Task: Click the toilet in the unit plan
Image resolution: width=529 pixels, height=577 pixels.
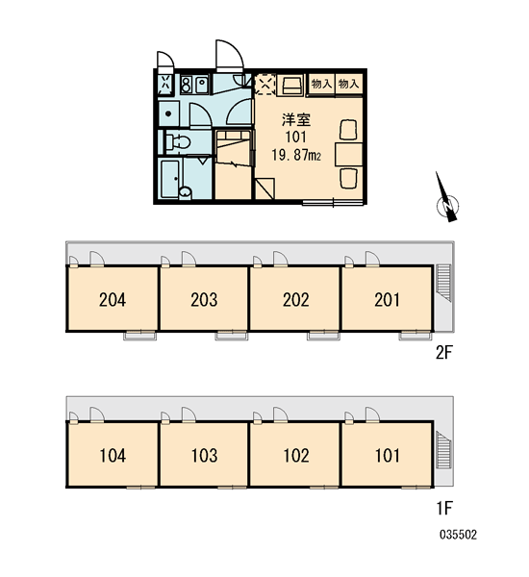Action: coord(178,142)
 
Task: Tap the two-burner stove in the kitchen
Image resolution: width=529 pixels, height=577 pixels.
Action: coord(187,85)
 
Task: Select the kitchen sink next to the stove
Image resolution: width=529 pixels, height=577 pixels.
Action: coord(202,85)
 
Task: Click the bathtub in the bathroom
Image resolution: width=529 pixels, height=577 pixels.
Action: coord(170,179)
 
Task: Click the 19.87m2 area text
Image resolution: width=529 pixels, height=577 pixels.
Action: coord(296,155)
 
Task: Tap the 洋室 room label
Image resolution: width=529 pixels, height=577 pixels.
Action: coord(296,120)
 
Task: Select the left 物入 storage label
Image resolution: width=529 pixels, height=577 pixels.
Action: coord(322,84)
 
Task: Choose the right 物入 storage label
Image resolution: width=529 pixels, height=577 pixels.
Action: coord(348,84)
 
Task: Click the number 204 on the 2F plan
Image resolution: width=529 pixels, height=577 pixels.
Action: coord(113,299)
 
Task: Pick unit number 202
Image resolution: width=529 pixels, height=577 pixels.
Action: coord(295,299)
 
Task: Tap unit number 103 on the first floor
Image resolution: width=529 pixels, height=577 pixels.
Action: coord(204,456)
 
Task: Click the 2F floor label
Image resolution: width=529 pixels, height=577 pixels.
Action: coord(443,353)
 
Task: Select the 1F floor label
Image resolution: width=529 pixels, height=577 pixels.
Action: coord(444,508)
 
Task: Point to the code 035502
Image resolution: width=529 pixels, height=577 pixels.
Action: coord(458,535)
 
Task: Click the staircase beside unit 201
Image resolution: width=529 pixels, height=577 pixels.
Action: coord(443,282)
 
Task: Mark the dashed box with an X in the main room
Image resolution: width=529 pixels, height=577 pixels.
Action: coord(265,85)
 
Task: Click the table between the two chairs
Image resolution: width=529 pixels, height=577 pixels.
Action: coord(348,154)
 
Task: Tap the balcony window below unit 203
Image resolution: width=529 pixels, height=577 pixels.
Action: coord(232,336)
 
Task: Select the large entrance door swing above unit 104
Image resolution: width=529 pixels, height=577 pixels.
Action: coord(97,414)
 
